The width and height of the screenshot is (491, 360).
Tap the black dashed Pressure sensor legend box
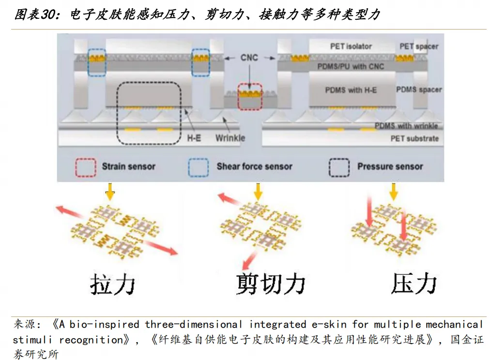(339, 167)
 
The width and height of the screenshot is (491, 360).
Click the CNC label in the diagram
(249, 58)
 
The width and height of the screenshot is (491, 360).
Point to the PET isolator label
(351, 46)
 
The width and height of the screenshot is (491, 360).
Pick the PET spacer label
(419, 46)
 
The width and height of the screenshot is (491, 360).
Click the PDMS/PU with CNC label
(351, 66)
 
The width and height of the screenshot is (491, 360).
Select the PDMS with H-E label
(351, 90)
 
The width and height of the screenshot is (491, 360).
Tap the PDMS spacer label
(419, 90)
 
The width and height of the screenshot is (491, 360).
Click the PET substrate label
(414, 138)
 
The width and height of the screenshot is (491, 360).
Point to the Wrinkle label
(230, 138)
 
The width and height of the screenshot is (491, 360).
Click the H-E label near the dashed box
(194, 138)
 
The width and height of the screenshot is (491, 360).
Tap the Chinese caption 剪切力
(271, 284)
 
